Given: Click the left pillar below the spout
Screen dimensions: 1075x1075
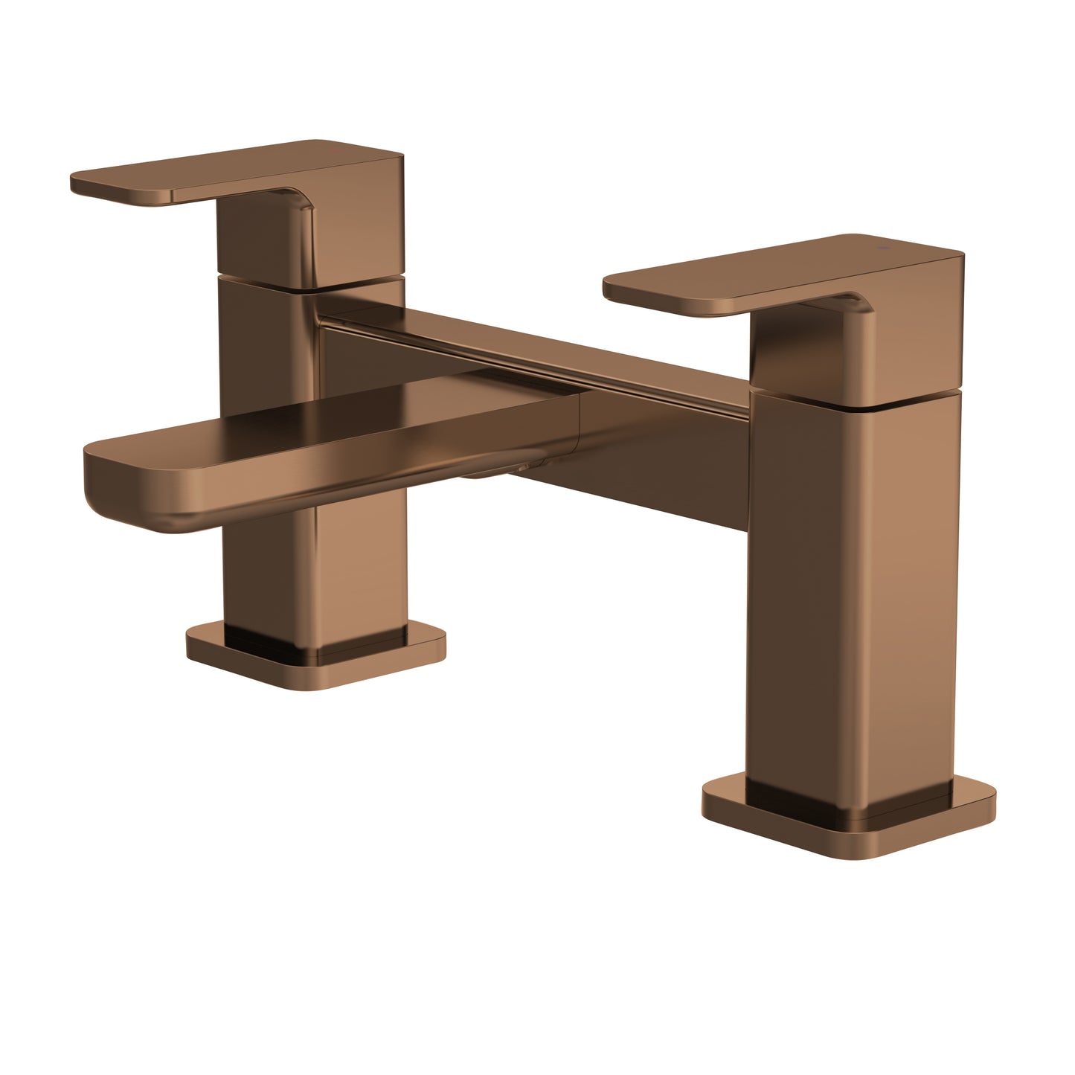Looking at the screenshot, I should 357,573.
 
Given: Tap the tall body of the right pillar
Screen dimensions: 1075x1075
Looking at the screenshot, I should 848,595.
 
